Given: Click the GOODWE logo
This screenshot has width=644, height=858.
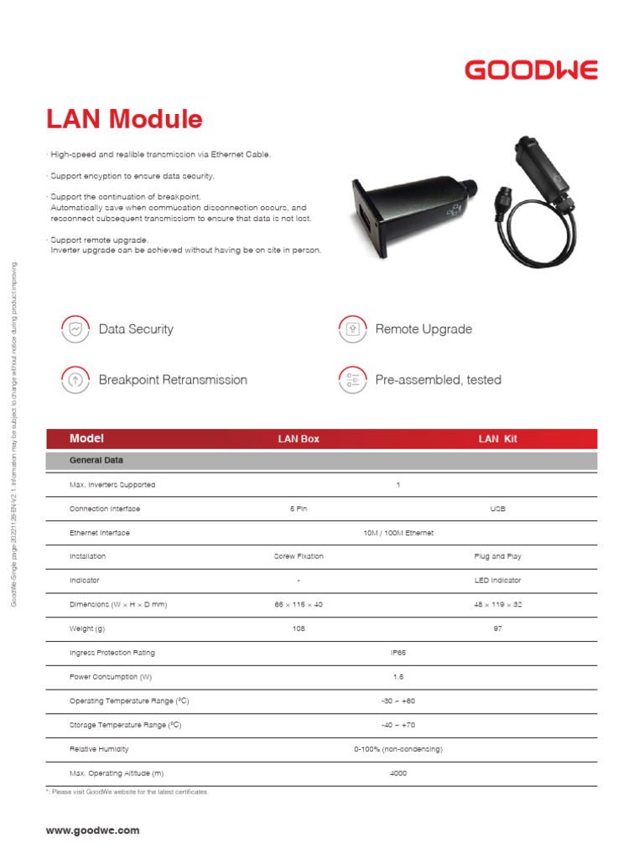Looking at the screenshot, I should [x=531, y=70].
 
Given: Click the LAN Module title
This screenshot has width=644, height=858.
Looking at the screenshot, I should [x=124, y=120].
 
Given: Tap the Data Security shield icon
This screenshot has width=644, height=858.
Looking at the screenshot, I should [x=75, y=329].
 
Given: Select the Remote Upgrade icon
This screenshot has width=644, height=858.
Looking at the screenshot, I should [x=353, y=329].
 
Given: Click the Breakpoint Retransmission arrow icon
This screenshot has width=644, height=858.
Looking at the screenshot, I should [x=75, y=380].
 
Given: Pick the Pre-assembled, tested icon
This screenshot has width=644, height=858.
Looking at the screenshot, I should [x=353, y=380].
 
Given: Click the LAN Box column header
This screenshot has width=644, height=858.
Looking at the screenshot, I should [x=299, y=439].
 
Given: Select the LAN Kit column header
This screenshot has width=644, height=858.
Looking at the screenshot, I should [x=497, y=439].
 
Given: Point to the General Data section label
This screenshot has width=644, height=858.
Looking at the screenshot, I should [x=97, y=461].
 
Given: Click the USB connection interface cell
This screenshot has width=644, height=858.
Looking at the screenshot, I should [x=498, y=509].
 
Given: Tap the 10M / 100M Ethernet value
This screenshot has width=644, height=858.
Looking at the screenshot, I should [x=398, y=533].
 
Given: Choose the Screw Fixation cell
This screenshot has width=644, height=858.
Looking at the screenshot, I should [x=299, y=556].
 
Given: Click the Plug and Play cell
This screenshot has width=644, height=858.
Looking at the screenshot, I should [x=498, y=556].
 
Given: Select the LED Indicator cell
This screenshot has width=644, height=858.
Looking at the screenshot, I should [x=498, y=581].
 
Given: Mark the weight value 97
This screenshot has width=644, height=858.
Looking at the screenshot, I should [x=498, y=628].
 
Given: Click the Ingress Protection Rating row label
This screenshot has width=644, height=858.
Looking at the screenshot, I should [x=112, y=653].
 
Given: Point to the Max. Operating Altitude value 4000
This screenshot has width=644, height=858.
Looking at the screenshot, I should [x=398, y=773].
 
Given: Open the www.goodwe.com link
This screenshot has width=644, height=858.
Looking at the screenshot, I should [x=93, y=831].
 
